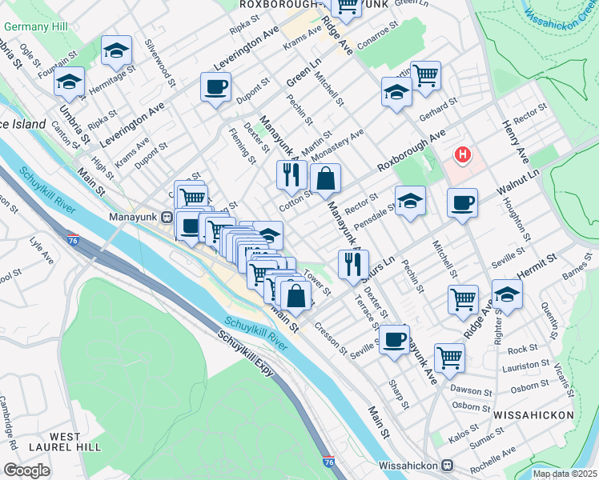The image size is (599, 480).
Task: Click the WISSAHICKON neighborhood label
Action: tap(533, 415)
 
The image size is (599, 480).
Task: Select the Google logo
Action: tap(27, 470)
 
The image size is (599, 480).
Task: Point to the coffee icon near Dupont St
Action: tap(215, 87)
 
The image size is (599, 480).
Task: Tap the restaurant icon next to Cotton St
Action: tap(289, 174)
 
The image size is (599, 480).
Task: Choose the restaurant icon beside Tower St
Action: tap(352, 264)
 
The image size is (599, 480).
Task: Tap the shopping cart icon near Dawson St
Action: tap(449, 358)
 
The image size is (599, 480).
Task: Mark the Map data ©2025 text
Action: tap(565, 474)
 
